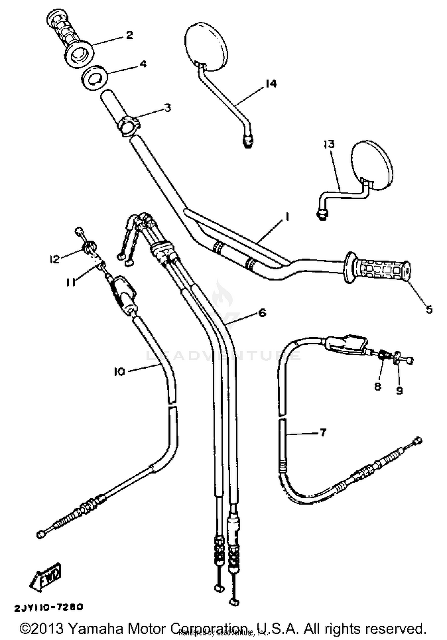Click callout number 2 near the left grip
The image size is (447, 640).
(129, 35)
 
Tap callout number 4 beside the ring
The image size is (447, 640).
(143, 64)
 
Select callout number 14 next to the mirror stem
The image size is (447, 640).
(271, 84)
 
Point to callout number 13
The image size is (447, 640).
(329, 144)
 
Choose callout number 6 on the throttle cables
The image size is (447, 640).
(262, 313)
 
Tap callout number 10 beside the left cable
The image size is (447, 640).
(119, 372)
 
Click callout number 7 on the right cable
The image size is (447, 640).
(323, 432)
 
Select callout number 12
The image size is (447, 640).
(55, 259)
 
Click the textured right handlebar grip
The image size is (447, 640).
(378, 271)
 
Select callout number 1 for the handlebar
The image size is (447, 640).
(287, 217)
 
